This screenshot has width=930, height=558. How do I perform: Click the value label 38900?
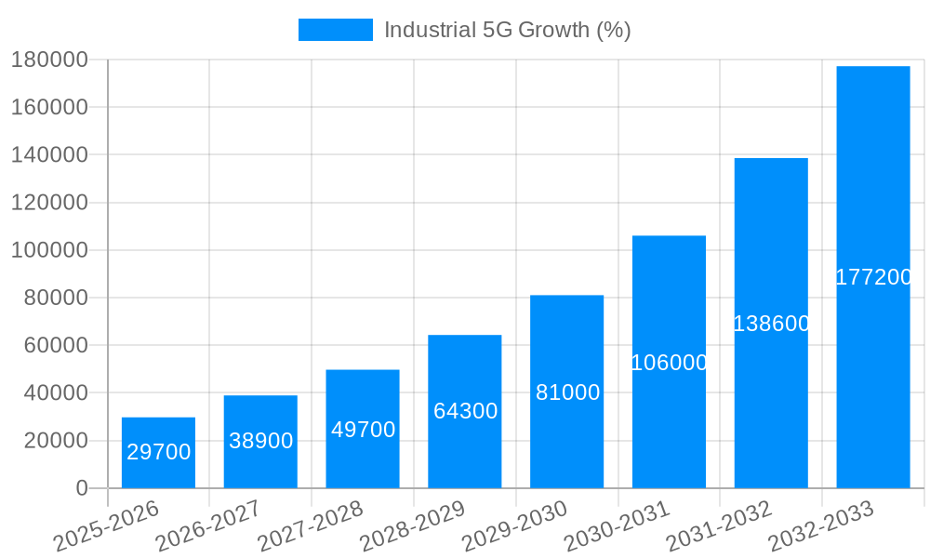(x=261, y=441)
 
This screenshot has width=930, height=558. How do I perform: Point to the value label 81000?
(x=567, y=392)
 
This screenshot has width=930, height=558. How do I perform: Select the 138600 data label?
(x=771, y=324)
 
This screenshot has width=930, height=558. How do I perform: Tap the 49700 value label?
(x=364, y=430)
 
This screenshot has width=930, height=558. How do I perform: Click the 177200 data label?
(x=873, y=277)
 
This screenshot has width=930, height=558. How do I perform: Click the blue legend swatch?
(x=335, y=30)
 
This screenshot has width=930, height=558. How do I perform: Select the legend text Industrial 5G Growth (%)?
(x=507, y=30)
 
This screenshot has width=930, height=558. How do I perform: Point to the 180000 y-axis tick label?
(x=48, y=60)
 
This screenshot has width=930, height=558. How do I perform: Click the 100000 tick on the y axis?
(x=48, y=250)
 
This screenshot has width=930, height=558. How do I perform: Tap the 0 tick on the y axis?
(x=82, y=488)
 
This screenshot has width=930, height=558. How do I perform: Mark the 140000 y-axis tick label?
(x=48, y=154)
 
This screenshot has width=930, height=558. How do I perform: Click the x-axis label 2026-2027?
(x=207, y=525)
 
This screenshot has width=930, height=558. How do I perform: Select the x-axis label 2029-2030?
(x=514, y=525)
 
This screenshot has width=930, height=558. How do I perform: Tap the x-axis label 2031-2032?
(x=719, y=525)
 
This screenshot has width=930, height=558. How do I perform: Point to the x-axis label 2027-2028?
(x=310, y=525)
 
